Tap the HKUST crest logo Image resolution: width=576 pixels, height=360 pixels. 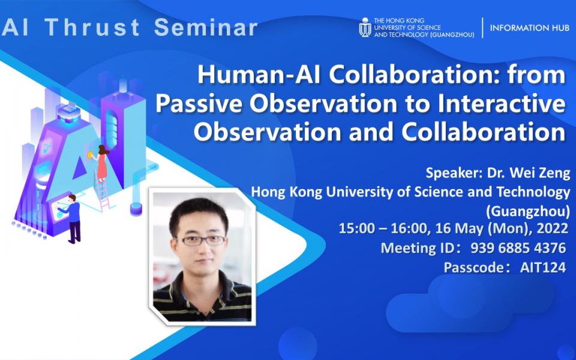tap(364, 28)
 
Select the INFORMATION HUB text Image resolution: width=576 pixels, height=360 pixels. tap(529, 28)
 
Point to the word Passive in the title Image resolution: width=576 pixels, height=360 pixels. tap(193, 104)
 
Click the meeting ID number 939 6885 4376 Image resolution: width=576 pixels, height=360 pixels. tap(518, 248)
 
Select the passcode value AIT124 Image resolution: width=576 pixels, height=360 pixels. tap(543, 268)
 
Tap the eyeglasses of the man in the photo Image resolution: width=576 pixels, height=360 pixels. tap(202, 240)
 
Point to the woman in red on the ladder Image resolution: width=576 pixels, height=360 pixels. tap(102, 161)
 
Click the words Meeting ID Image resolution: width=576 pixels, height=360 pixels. tap(416, 248)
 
